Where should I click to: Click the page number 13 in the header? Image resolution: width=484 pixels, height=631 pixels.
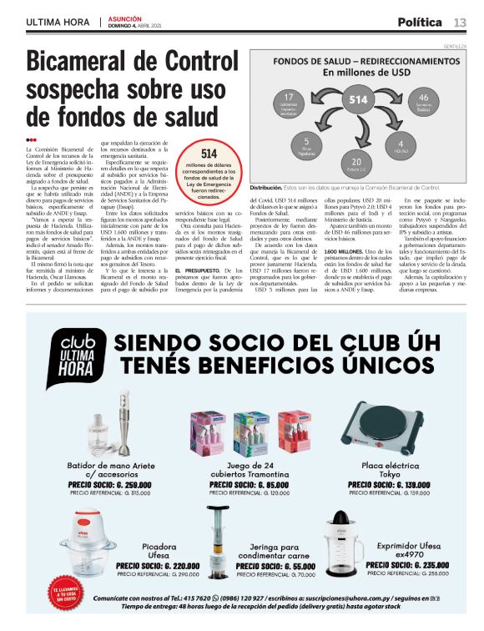460,22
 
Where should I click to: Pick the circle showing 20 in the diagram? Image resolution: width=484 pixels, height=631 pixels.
356,163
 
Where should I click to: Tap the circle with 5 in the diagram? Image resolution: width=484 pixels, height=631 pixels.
307,144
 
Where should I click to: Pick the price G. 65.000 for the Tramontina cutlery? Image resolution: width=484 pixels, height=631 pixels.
244,483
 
